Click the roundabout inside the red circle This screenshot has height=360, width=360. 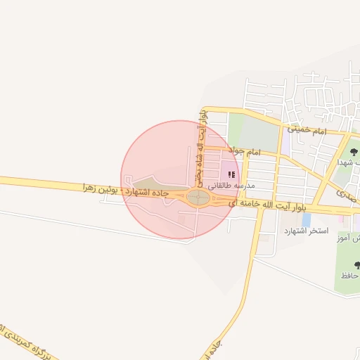[x=198, y=198]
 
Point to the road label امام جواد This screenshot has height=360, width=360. [x=245, y=152]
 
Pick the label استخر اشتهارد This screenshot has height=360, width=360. [x=307, y=231]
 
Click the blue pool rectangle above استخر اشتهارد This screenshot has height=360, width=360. [x=307, y=219]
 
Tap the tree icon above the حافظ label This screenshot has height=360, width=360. [x=357, y=265]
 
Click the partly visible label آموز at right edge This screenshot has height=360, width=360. [x=352, y=238]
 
